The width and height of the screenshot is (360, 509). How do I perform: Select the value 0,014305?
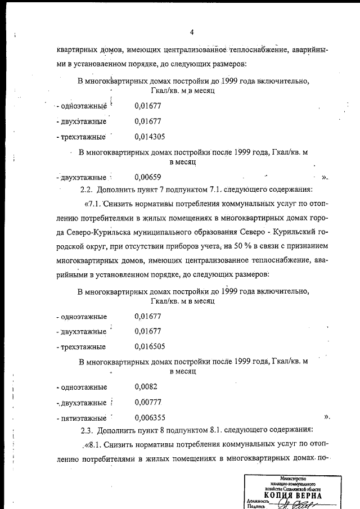[150, 136]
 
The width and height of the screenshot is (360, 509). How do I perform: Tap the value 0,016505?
[150, 346]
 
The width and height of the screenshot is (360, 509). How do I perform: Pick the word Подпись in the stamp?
[255, 506]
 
